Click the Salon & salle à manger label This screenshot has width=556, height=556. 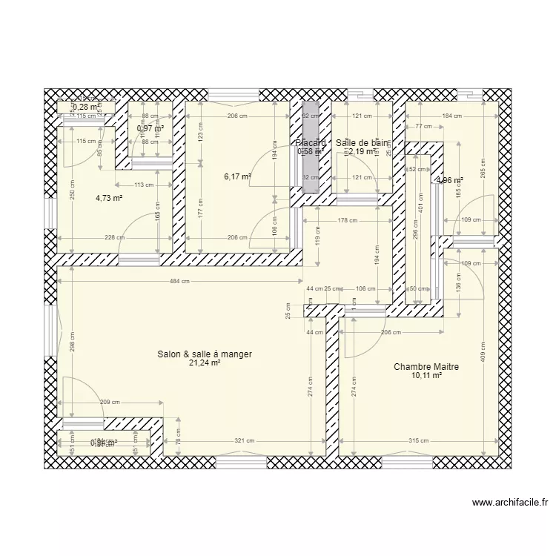point(205,355)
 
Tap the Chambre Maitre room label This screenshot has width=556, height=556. point(426,367)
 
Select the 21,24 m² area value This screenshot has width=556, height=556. point(205,364)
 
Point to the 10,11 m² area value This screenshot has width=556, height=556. point(426,376)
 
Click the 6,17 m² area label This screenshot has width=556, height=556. point(237,177)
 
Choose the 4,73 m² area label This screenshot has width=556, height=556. point(109,198)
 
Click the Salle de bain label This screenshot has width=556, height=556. point(361,142)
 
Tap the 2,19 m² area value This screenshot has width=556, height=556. point(361,151)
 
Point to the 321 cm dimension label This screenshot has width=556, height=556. point(245,441)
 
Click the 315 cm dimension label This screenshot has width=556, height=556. point(419,441)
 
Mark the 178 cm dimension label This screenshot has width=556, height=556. point(348,220)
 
